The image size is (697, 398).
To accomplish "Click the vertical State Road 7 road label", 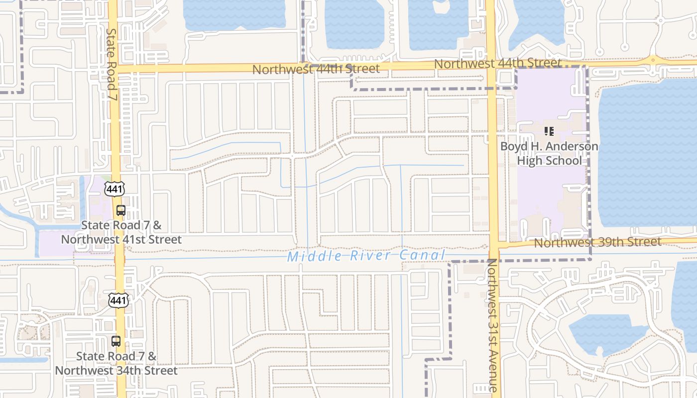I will (112, 64).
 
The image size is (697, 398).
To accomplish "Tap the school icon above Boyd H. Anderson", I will (549, 131).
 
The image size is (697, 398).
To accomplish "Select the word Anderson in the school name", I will (571, 147).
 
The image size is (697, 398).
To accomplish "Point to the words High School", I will (549, 161).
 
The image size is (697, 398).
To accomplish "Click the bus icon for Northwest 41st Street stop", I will (120, 210).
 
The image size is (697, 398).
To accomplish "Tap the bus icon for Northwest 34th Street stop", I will (116, 341).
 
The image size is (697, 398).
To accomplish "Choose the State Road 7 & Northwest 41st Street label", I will (121, 232).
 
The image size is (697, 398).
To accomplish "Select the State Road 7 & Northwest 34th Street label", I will (116, 364).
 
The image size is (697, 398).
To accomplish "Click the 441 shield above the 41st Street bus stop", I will (115, 188).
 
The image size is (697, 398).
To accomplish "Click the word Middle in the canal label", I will (307, 257).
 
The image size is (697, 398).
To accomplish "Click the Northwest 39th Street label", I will (597, 242).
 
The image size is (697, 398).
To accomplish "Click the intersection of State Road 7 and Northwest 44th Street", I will (114, 69).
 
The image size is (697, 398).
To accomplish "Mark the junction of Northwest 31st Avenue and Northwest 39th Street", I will (493, 245).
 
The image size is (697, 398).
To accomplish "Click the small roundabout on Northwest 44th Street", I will (653, 60).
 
